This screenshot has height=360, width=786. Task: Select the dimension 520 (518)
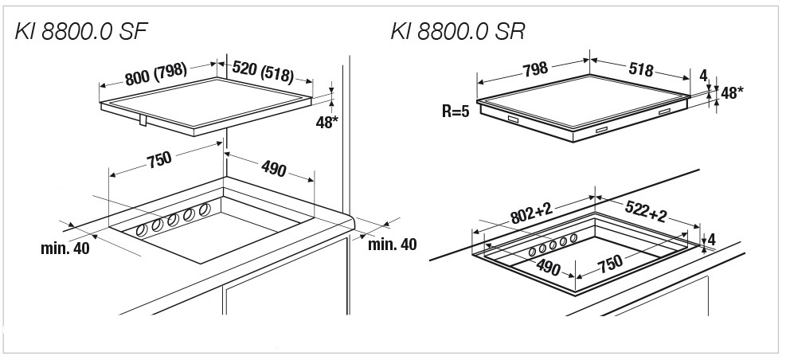[x=262, y=72]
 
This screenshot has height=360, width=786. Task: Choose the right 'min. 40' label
[x=392, y=244]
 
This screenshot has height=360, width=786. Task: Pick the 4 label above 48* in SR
[x=703, y=76]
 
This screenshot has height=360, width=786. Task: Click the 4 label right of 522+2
[x=711, y=239]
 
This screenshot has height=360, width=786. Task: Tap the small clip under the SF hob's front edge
[x=142, y=119]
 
